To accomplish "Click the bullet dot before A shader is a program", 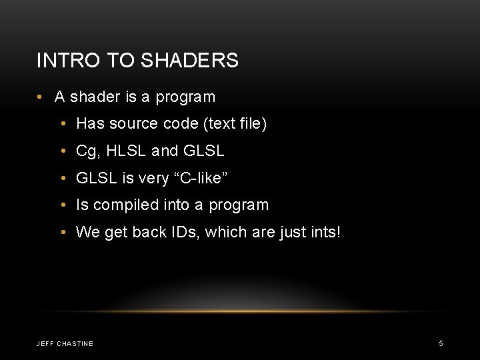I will pyautogui.click(x=40, y=97).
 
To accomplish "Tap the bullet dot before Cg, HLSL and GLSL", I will pyautogui.click(x=61, y=151).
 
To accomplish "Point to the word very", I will pyautogui.click(x=153, y=178).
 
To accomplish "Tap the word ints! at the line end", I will pyautogui.click(x=323, y=233).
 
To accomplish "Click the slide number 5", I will pyautogui.click(x=441, y=343).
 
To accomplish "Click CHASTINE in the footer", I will pyautogui.click(x=76, y=344).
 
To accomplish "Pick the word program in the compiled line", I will pyautogui.click(x=239, y=205).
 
